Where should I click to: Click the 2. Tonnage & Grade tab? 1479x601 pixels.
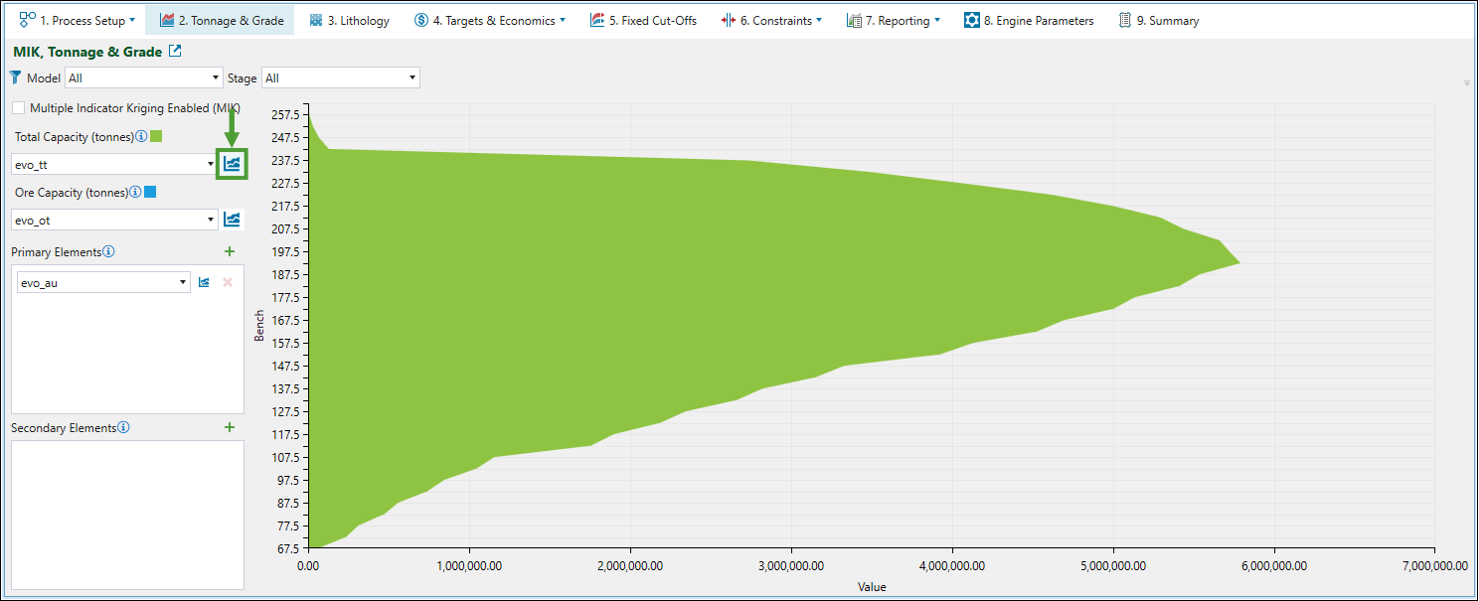[221, 20]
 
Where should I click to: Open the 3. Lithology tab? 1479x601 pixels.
[349, 20]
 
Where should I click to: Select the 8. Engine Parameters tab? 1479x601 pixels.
[1029, 20]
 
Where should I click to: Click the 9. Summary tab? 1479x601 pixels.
[1159, 20]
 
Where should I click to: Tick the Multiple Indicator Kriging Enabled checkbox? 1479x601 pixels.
[19, 108]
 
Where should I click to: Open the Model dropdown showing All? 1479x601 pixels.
[144, 77]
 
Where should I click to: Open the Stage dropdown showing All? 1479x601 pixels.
[340, 77]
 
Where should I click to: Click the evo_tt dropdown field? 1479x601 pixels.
[113, 164]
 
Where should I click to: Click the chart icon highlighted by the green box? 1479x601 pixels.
[232, 164]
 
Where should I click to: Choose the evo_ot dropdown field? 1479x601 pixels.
[113, 220]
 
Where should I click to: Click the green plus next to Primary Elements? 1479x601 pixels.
[230, 252]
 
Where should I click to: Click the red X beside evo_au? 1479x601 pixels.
[228, 282]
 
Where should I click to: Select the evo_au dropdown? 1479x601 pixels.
[103, 282]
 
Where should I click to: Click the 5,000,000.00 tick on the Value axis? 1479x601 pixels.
[1113, 566]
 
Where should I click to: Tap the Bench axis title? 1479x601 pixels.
[259, 325]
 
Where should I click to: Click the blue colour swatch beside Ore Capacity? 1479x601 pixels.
[150, 192]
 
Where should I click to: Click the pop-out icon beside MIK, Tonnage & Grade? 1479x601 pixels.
[175, 52]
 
